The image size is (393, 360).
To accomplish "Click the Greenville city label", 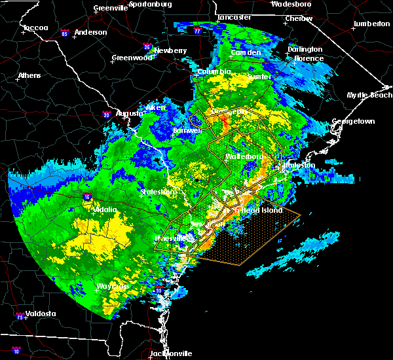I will [x=110, y=8].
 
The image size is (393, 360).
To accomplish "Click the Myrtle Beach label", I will [x=369, y=96].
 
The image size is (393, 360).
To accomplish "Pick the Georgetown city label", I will [x=353, y=122].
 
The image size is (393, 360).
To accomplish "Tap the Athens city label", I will [x=29, y=75].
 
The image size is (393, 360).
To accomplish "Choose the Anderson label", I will [x=90, y=32].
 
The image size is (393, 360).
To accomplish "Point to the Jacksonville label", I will [x=171, y=354].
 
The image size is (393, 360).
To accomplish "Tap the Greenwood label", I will [x=131, y=58].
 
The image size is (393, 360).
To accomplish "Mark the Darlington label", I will [x=305, y=50].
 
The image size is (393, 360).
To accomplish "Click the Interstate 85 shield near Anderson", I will [x=64, y=32].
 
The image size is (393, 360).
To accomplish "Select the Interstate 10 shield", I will [x=16, y=352].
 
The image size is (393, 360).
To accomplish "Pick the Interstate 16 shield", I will [x=87, y=196].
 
